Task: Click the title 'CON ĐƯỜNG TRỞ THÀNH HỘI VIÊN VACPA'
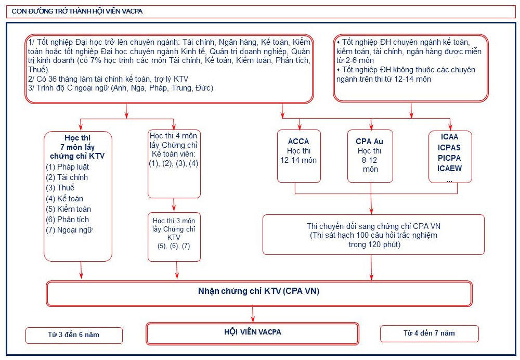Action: tap(77, 11)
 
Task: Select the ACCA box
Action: tap(299, 156)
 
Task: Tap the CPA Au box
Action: tap(370, 156)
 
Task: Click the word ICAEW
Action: tap(449, 169)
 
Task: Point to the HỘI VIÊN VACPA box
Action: tap(252, 333)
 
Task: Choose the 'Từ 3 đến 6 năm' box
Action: tap(74, 336)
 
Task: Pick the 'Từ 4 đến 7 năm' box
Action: tap(430, 333)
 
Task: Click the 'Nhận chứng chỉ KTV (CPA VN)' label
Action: tap(258, 291)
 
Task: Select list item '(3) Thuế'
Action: tap(60, 188)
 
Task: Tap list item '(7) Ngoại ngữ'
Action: tap(69, 230)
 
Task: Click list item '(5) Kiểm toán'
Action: tap(68, 209)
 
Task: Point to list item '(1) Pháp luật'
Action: tap(67, 167)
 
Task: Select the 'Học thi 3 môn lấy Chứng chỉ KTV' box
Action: tap(174, 237)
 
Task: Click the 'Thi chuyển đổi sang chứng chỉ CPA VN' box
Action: tap(373, 235)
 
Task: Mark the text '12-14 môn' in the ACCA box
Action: tap(298, 160)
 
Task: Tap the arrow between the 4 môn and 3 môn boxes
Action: tap(174, 205)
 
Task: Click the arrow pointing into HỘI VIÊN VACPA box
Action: tap(253, 314)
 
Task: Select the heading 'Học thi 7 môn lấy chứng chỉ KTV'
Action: tap(77, 147)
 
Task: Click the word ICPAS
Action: tap(449, 148)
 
